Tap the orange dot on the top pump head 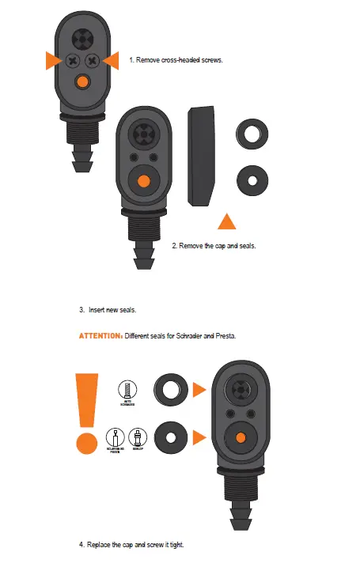(x=81, y=81)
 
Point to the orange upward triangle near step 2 (x=228, y=221)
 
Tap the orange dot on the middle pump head (x=143, y=180)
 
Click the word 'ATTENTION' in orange (x=99, y=336)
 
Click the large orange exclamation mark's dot (x=82, y=440)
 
